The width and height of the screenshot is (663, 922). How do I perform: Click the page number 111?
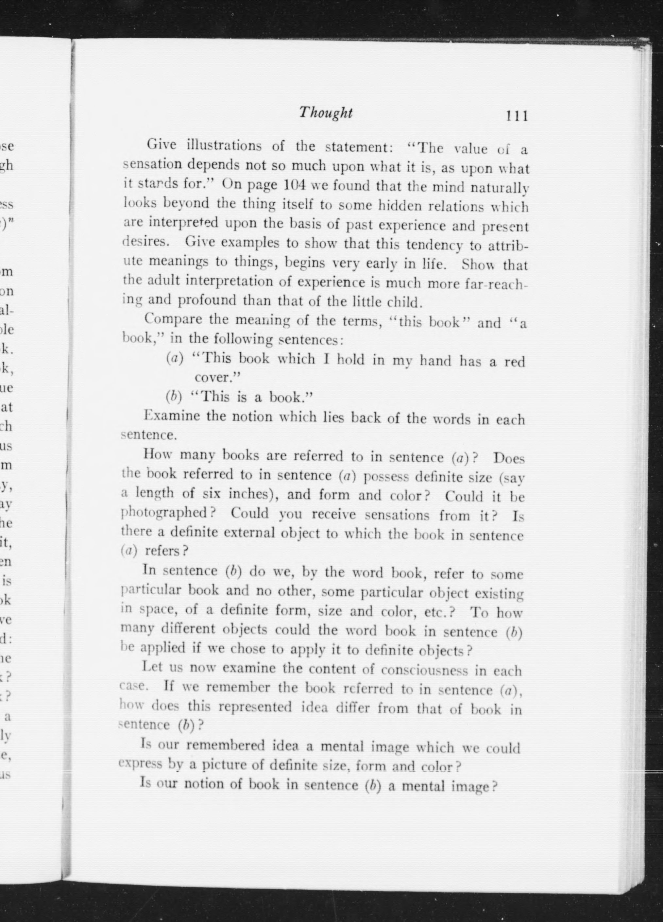click(516, 116)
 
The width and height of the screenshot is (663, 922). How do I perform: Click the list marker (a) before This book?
click(175, 358)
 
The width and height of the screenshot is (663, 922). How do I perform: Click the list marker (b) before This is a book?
click(174, 396)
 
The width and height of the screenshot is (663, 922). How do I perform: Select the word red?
click(515, 361)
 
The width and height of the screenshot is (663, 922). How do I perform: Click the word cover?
click(215, 377)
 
